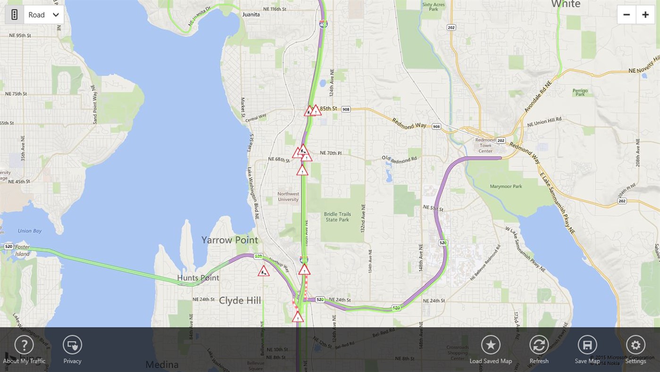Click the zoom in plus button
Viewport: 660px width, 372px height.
point(645,15)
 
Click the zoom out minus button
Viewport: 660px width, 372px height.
point(627,15)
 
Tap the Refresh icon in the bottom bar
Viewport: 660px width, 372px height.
point(539,345)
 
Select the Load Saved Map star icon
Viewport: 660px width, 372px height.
point(491,345)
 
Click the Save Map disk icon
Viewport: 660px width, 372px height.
point(587,345)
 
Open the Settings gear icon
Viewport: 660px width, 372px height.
point(635,345)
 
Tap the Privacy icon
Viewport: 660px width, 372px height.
point(72,345)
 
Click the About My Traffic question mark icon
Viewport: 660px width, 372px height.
point(24,345)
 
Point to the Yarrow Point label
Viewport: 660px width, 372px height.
point(230,240)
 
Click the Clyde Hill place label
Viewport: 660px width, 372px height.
point(240,301)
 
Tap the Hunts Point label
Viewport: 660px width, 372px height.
point(198,278)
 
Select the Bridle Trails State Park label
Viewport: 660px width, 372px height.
point(337,217)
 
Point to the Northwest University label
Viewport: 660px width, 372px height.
point(288,197)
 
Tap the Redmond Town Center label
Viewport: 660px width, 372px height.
point(485,145)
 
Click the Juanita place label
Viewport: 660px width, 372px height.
point(251,14)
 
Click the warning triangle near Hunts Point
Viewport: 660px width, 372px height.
point(264,271)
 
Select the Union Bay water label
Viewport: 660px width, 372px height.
point(30,231)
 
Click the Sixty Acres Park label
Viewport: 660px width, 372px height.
point(434,7)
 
